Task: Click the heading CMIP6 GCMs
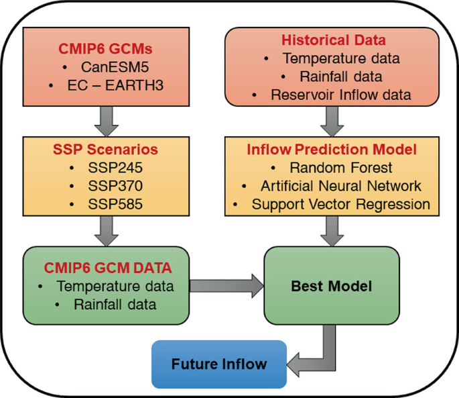tap(105, 49)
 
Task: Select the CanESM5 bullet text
tap(115, 67)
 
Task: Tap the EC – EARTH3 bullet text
tap(115, 85)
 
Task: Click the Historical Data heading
tap(334, 40)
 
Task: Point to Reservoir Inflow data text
tap(341, 95)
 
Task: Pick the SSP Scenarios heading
tap(105, 149)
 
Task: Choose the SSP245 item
tap(115, 168)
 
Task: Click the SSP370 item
tap(115, 186)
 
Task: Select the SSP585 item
tap(115, 204)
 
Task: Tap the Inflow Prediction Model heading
tap(332, 149)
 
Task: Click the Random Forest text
tap(341, 168)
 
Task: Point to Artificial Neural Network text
tap(341, 186)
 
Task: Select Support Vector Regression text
tap(341, 205)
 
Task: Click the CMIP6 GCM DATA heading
tap(108, 268)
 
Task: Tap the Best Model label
tap(332, 287)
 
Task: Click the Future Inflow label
tap(219, 364)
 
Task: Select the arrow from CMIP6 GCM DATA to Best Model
tap(226, 286)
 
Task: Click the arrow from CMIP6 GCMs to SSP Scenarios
tap(107, 121)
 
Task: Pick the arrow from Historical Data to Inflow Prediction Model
tap(332, 121)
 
